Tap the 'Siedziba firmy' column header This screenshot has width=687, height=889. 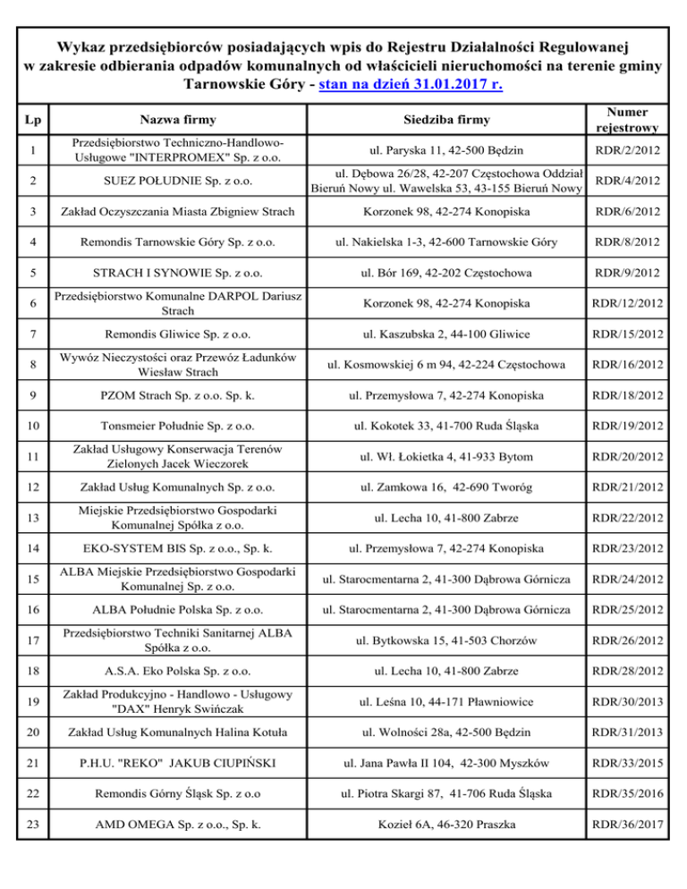click(444, 119)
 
